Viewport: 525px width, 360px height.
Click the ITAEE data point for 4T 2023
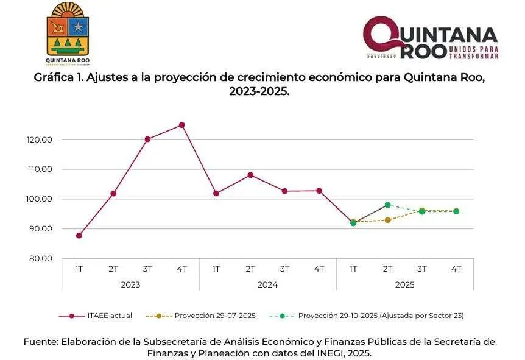pyautogui.click(x=181, y=125)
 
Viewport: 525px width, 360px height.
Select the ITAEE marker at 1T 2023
pyautogui.click(x=79, y=235)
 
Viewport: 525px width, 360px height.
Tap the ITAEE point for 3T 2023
pyautogui.click(x=147, y=139)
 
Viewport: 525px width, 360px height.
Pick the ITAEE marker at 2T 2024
pyautogui.click(x=250, y=175)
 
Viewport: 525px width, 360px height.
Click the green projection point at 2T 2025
pyautogui.click(x=387, y=205)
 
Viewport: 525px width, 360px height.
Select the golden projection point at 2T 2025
pyautogui.click(x=387, y=220)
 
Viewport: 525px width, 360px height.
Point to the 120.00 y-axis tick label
pyautogui.click(x=40, y=139)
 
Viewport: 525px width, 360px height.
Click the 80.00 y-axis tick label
pyautogui.click(x=40, y=258)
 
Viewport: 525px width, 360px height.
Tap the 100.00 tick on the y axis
pyautogui.click(x=40, y=199)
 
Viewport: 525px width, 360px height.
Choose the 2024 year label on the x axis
pyautogui.click(x=267, y=284)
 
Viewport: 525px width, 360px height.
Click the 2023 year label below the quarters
pyautogui.click(x=130, y=284)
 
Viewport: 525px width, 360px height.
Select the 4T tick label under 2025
pyautogui.click(x=456, y=269)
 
